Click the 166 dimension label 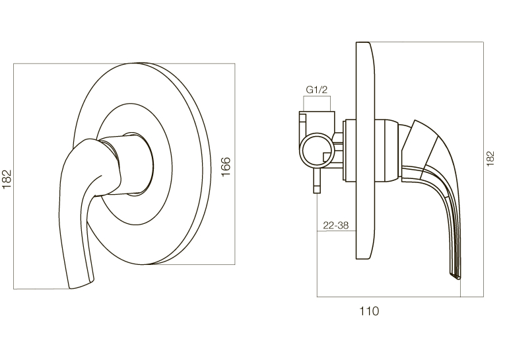[x=226, y=166]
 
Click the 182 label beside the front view [x=7, y=179]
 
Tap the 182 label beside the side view [x=490, y=159]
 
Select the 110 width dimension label [x=369, y=311]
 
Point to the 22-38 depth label [x=336, y=225]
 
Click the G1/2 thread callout [x=317, y=90]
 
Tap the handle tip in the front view [x=81, y=285]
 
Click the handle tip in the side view [x=455, y=276]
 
